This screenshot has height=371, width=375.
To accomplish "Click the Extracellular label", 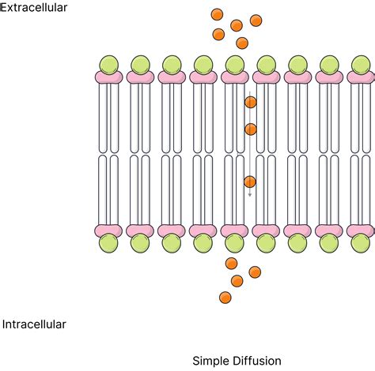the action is click(x=34, y=8).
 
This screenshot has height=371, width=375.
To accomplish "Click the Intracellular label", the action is click(x=34, y=324).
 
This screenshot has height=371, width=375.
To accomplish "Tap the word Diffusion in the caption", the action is click(x=256, y=361).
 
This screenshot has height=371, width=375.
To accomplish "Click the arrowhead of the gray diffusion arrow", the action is click(x=250, y=195).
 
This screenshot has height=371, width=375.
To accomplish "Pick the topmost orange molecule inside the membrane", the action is click(x=251, y=102).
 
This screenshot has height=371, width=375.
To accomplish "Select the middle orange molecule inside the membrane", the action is click(x=251, y=129).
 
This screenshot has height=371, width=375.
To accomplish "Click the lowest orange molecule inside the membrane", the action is click(x=250, y=182).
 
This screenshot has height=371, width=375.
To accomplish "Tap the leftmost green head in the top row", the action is click(x=109, y=65).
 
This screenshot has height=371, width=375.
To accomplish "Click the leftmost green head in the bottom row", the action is click(x=108, y=243).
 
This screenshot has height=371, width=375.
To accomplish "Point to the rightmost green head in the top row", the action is click(x=361, y=65).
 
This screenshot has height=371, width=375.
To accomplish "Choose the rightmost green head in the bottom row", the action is click(x=361, y=243).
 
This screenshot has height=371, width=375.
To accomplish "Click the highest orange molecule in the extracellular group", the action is click(x=217, y=14).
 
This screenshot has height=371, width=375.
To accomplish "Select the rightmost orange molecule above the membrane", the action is click(x=256, y=21).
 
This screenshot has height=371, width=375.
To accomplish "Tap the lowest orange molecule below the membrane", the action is click(x=225, y=298).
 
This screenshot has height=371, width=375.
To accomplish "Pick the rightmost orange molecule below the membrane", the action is click(x=255, y=272).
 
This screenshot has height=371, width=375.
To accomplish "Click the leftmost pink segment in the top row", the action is click(x=109, y=77).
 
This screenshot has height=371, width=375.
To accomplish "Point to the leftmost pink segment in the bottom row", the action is click(x=108, y=230).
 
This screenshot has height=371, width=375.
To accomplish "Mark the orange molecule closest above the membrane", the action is click(x=242, y=43).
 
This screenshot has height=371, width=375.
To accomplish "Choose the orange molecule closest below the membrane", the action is click(x=231, y=264).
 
